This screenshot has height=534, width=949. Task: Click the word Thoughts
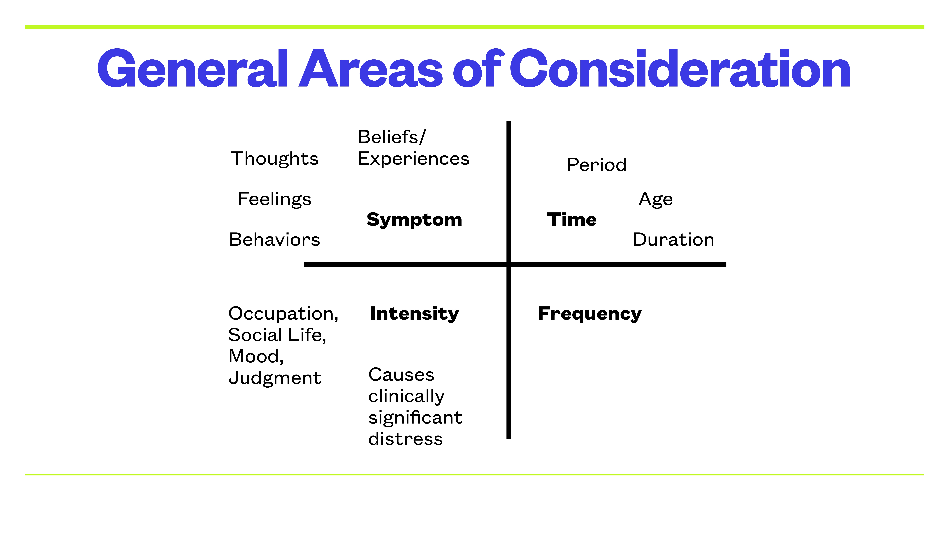coord(274,159)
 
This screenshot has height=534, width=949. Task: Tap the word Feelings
coord(274,199)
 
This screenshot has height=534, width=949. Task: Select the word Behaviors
coord(274,240)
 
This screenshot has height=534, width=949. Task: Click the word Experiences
coord(413,159)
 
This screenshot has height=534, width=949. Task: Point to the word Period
coord(596,165)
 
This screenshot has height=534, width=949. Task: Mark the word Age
coord(655,199)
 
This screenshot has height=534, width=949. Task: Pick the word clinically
coord(406,396)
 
